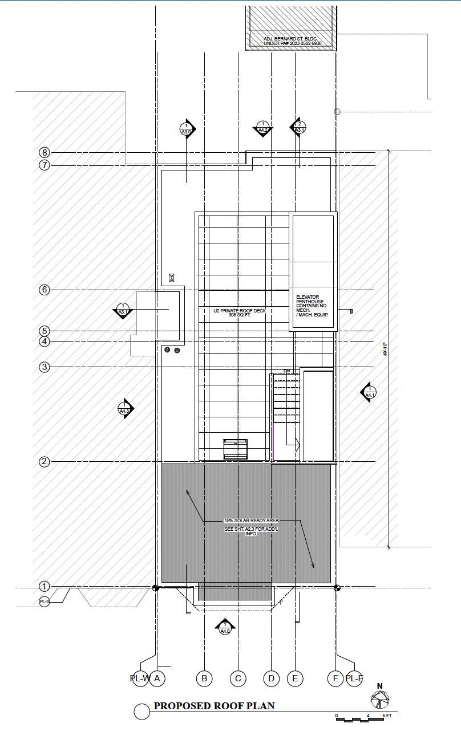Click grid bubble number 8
click(x=45, y=152)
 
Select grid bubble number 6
click(x=45, y=290)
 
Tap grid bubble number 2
click(x=45, y=462)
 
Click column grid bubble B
click(x=204, y=678)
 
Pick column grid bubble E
click(x=295, y=678)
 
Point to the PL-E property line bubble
click(x=354, y=678)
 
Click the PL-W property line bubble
click(x=139, y=678)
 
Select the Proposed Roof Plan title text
click(x=214, y=706)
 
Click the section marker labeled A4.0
click(x=225, y=628)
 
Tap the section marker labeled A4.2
click(x=263, y=128)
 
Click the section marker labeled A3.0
click(x=187, y=129)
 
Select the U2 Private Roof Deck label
click(x=240, y=313)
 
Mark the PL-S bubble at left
click(x=45, y=601)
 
